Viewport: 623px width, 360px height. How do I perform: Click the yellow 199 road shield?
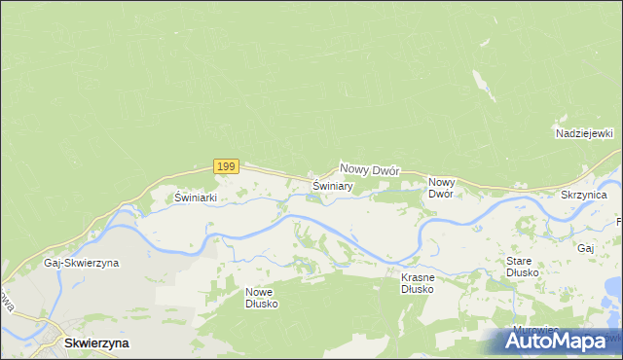click(226, 166)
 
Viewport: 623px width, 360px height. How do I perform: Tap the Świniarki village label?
click(195, 197)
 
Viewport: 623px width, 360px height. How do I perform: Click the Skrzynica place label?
click(584, 196)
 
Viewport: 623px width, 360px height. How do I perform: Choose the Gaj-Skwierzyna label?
click(81, 263)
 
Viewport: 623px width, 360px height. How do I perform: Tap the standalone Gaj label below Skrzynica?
click(585, 248)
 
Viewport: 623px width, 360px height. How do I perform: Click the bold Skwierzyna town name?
click(96, 342)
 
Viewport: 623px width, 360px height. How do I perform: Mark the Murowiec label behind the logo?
click(532, 330)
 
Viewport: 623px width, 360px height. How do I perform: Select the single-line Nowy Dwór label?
click(370, 169)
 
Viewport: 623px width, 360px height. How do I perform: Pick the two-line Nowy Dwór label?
click(442, 187)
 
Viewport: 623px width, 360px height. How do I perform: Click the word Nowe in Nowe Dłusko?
click(261, 291)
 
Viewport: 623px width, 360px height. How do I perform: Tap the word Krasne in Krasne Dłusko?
click(417, 276)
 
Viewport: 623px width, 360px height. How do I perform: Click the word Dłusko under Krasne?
click(417, 288)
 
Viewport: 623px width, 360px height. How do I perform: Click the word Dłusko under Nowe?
click(261, 303)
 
